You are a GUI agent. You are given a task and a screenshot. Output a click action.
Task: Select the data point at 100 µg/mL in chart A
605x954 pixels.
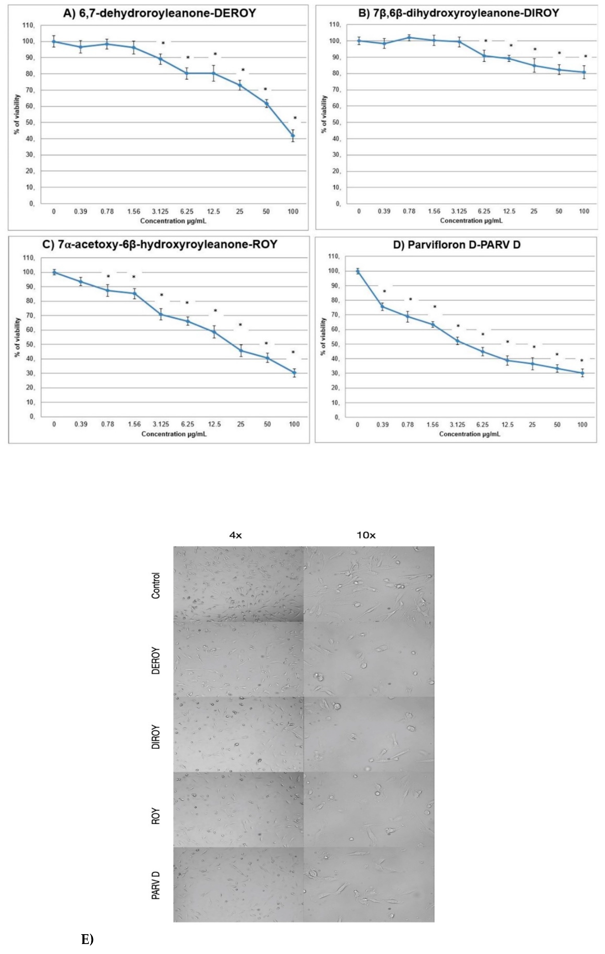click(x=293, y=135)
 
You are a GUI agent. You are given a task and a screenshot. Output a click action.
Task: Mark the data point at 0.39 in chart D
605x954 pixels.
click(x=383, y=307)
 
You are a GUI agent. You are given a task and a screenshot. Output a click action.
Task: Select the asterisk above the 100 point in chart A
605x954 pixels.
click(x=295, y=118)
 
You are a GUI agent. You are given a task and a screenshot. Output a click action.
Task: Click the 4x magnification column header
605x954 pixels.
click(x=235, y=535)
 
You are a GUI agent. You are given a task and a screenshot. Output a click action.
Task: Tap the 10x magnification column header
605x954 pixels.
click(x=366, y=535)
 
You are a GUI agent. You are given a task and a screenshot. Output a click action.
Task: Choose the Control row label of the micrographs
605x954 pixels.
click(x=156, y=586)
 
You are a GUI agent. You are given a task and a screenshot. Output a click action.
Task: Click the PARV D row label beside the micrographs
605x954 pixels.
click(x=156, y=886)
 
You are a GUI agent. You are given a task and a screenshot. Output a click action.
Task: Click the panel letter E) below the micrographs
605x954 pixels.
click(x=87, y=939)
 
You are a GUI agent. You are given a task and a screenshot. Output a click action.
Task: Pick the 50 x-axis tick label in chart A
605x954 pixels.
click(x=266, y=212)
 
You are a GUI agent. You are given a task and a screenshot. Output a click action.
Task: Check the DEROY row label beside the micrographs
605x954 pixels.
click(x=156, y=661)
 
